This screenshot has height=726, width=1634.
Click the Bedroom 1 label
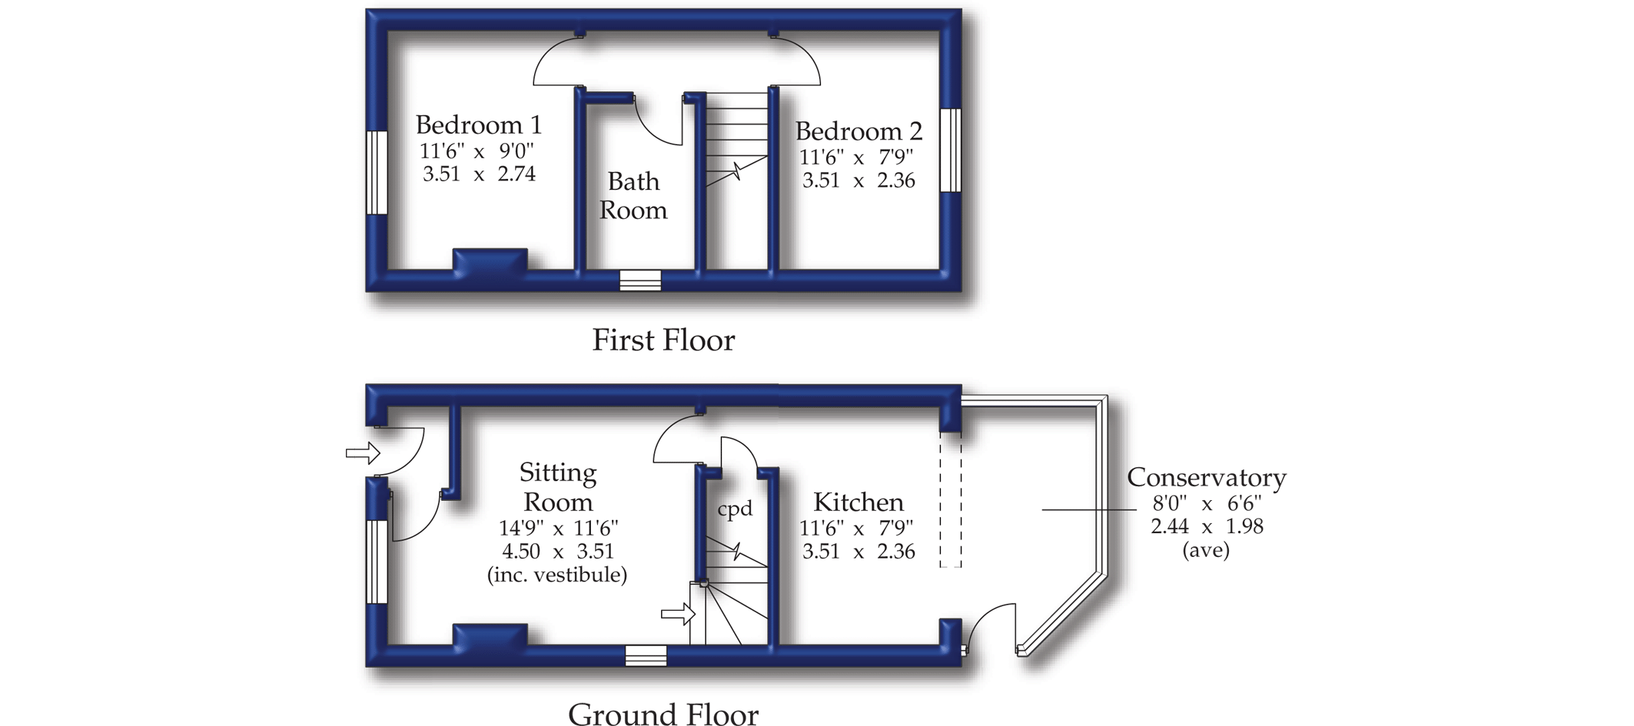click(x=478, y=124)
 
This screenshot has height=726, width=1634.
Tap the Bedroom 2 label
click(x=858, y=131)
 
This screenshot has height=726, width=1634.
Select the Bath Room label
click(x=633, y=196)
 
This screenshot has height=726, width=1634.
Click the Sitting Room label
click(x=558, y=487)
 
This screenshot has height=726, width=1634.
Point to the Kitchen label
click(x=858, y=502)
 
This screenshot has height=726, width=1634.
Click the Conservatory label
click(x=1206, y=478)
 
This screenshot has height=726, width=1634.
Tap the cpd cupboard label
click(x=734, y=509)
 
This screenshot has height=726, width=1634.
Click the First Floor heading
click(x=663, y=340)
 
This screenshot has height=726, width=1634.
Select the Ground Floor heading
click(x=663, y=714)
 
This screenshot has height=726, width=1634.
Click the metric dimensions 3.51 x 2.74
click(x=479, y=174)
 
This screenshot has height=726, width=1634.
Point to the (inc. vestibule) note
click(x=557, y=575)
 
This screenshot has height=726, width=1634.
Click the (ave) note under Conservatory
click(x=1206, y=550)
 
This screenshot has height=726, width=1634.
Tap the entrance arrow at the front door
click(x=363, y=453)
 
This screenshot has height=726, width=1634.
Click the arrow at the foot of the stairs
click(x=678, y=614)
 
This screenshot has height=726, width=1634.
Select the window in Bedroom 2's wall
click(x=951, y=150)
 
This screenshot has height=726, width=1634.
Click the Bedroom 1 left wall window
click(x=377, y=173)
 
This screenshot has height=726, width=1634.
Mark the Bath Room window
click(x=640, y=280)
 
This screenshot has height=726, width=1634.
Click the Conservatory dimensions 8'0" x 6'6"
click(x=1206, y=504)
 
